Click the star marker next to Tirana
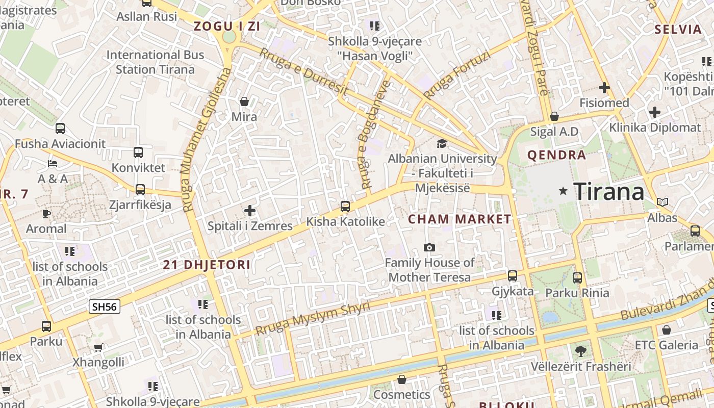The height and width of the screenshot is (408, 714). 563,191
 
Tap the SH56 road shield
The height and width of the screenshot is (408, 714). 104,306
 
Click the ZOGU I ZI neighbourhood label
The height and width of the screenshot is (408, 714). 227,27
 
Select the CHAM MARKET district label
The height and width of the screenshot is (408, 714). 460,219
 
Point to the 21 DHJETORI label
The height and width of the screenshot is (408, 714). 207,265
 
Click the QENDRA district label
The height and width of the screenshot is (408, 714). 556,155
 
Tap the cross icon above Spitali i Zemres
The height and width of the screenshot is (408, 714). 250,210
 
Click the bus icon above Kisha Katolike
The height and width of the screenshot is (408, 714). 345,206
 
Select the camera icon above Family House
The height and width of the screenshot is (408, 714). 429,247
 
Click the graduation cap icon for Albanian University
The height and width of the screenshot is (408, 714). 442,144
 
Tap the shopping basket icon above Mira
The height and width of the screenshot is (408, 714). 244,101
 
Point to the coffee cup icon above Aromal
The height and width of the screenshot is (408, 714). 46,213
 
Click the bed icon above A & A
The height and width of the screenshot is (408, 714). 53,164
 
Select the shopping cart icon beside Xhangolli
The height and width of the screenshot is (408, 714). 98,347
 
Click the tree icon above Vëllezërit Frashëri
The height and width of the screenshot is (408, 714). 580,351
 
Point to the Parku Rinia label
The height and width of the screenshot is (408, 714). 577,293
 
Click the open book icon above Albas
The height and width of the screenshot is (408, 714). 662,202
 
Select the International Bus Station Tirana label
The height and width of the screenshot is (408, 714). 155,62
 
